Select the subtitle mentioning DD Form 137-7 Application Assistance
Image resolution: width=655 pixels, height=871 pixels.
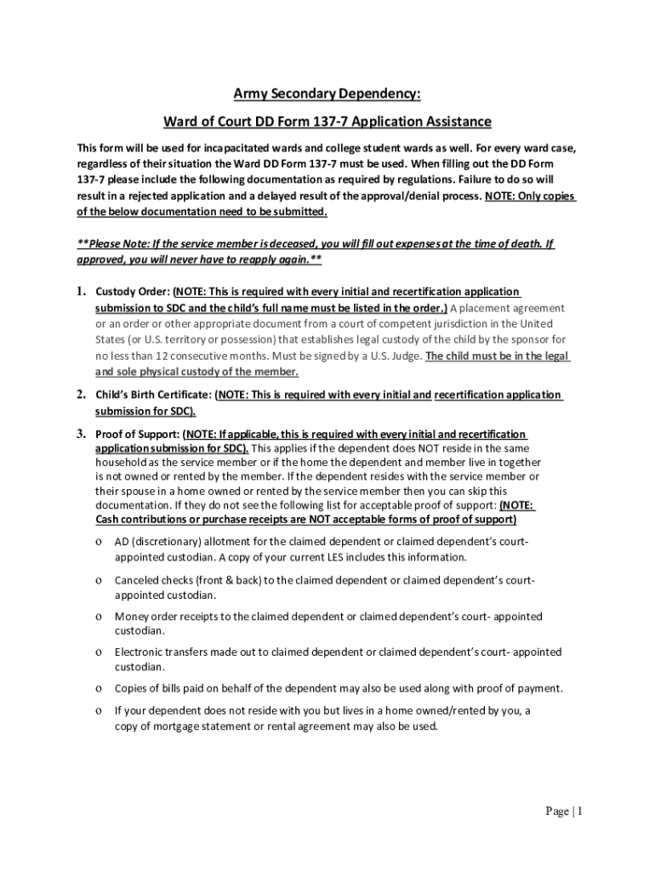click(x=327, y=122)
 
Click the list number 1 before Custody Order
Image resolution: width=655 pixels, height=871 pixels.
click(x=82, y=293)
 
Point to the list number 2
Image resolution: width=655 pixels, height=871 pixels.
click(x=82, y=395)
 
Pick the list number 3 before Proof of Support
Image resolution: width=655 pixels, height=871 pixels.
click(x=82, y=434)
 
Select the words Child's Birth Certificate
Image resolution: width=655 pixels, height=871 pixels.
click(x=153, y=395)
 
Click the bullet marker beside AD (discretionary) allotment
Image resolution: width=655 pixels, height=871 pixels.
click(x=100, y=543)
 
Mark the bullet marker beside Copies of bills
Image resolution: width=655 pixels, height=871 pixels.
click(x=100, y=688)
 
